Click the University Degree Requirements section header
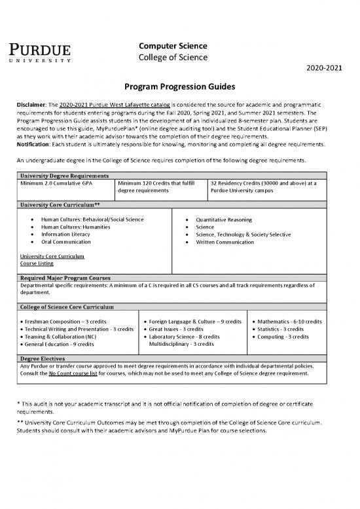point(64,176)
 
